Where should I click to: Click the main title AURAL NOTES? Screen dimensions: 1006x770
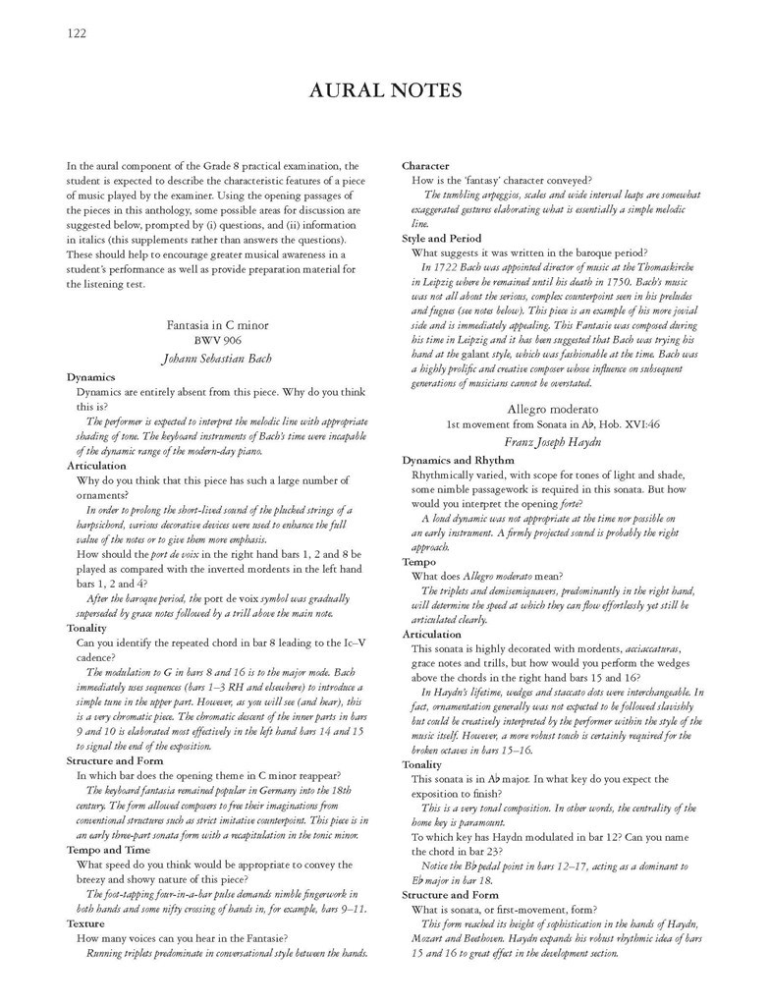coord(385,91)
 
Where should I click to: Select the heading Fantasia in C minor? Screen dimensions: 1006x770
coord(217,324)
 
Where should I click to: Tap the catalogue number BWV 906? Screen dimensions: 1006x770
coord(217,340)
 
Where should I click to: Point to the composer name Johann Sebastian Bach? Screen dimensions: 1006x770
coord(217,358)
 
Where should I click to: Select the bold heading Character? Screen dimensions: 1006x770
coord(425,166)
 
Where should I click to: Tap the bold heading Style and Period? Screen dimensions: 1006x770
coord(442,238)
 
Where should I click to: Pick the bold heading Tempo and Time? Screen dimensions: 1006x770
coord(109,849)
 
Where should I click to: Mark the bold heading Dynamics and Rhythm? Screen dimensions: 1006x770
coord(458,460)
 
